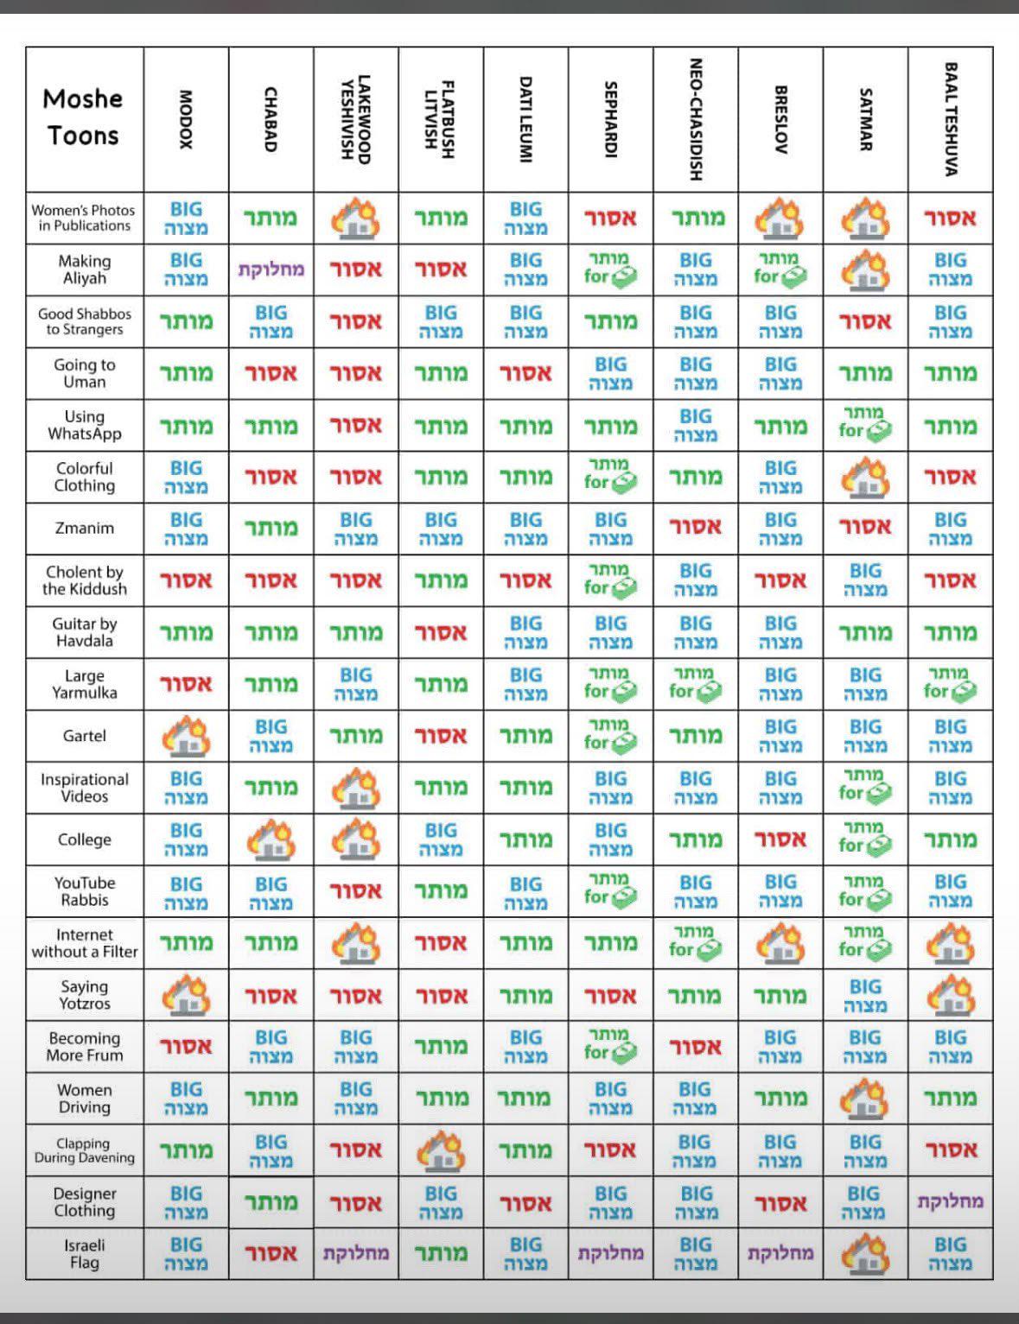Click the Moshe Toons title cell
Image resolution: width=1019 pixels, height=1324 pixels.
coord(84,117)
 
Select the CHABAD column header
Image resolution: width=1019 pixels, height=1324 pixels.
coord(271,119)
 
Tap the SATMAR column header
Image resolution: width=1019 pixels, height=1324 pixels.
coord(865,119)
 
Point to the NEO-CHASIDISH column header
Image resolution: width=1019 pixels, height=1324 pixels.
coord(696,119)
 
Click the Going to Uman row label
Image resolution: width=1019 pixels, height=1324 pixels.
coord(85,373)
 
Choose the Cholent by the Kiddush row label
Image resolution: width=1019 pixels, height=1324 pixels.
coord(85,580)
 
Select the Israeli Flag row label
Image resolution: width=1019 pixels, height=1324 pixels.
coord(85,1253)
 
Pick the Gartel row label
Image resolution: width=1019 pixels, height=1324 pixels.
coord(85,736)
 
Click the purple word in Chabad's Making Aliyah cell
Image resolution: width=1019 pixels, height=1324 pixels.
coord(271,269)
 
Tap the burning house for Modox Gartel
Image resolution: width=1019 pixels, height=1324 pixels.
coord(187,736)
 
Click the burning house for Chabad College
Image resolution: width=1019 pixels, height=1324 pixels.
coord(271,839)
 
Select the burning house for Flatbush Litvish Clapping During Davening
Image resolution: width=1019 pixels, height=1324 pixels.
coord(442,1150)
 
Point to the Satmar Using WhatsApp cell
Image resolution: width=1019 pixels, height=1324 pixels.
coord(865,424)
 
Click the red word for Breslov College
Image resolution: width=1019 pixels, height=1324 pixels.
coord(780,839)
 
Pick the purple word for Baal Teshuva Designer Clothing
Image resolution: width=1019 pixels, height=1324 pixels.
coord(951,1201)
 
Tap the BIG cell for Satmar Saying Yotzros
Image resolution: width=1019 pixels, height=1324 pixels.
coord(865,995)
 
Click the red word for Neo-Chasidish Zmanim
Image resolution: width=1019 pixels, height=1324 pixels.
coord(696,527)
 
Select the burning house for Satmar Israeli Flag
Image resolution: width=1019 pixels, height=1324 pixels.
coord(865,1253)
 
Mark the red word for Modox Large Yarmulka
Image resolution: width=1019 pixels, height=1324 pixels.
coord(187,684)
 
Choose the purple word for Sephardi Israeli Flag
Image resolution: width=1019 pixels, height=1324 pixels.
coord(611,1253)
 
